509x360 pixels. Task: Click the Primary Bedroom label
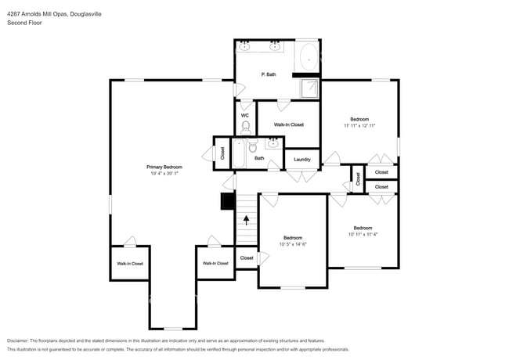pyautogui.click(x=164, y=167)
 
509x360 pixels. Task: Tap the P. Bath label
pyautogui.click(x=269, y=74)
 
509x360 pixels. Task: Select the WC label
pyautogui.click(x=245, y=116)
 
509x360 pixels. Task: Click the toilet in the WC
pyautogui.click(x=246, y=128)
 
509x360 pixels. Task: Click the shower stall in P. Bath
pyautogui.click(x=309, y=88)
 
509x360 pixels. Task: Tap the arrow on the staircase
pyautogui.click(x=247, y=220)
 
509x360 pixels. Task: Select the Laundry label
pyautogui.click(x=302, y=160)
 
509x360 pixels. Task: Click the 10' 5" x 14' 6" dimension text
pyautogui.click(x=293, y=244)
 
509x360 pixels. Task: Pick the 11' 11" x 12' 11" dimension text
pyautogui.click(x=359, y=126)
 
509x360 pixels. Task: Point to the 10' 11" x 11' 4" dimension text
pyautogui.click(x=363, y=235)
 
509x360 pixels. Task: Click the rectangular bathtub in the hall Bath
pyautogui.click(x=239, y=153)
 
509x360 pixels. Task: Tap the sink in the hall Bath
pyautogui.click(x=273, y=143)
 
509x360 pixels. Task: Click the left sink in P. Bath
pyautogui.click(x=244, y=47)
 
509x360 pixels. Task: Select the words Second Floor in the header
pyautogui.click(x=24, y=23)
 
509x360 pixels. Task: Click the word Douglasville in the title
pyautogui.click(x=85, y=14)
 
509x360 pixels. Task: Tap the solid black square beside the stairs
pyautogui.click(x=228, y=201)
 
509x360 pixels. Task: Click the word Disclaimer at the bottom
pyautogui.click(x=17, y=341)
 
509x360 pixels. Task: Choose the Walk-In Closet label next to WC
pyautogui.click(x=289, y=124)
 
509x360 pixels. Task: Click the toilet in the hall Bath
pyautogui.click(x=253, y=146)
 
